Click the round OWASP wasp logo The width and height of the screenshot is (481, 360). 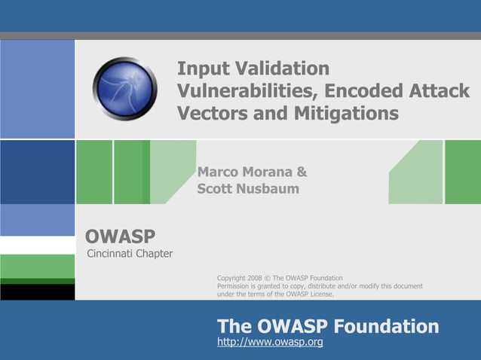coord(124,89)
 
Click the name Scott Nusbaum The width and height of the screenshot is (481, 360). coord(248,189)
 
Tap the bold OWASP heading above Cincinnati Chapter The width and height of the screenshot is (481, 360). coord(121,236)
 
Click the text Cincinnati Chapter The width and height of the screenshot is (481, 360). coord(130,253)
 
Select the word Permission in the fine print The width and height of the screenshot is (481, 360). coord(234,286)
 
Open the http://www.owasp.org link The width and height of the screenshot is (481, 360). coord(270,343)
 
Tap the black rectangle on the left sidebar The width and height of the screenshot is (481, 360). coord(37,292)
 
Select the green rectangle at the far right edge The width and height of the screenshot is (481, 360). coord(462,172)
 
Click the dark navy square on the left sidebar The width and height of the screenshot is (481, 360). coord(37,172)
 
